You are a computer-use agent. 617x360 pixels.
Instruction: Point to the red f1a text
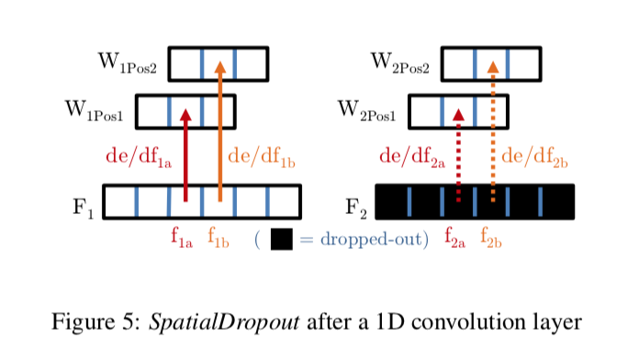[x=181, y=238]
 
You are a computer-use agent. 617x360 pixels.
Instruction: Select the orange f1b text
[x=218, y=238]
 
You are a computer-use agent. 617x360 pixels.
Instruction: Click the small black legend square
[x=282, y=239]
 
